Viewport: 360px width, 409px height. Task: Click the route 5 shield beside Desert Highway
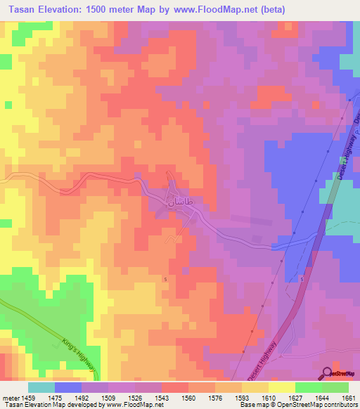[302, 280]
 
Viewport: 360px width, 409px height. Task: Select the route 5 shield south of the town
[165, 280]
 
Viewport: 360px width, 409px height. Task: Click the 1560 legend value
[188, 398]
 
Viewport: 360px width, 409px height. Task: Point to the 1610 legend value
[268, 398]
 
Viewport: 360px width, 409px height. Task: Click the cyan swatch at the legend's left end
[41, 387]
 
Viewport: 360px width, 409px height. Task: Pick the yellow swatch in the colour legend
[281, 387]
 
